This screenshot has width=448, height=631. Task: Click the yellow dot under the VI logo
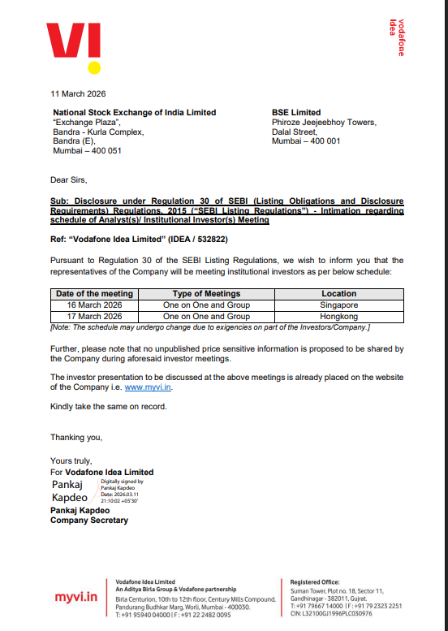click(x=94, y=67)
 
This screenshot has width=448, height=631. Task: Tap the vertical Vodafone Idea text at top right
click(x=397, y=37)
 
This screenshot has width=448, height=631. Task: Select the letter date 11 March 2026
click(x=78, y=93)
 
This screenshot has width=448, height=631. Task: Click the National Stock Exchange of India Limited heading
click(x=134, y=113)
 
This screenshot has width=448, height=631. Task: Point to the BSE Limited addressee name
click(x=296, y=113)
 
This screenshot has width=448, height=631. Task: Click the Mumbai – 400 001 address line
click(x=306, y=141)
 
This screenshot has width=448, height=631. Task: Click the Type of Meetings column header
click(x=206, y=294)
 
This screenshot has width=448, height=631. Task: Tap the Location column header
click(x=338, y=294)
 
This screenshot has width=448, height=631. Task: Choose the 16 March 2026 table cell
click(x=93, y=305)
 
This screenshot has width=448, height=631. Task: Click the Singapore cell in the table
click(x=338, y=305)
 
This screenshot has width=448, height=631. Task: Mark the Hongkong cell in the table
click(x=338, y=316)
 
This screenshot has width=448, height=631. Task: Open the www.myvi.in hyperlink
click(x=148, y=388)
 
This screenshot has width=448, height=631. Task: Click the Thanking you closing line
click(x=76, y=437)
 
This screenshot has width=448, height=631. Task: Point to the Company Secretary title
click(x=88, y=521)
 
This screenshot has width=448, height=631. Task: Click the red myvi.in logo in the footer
click(x=76, y=598)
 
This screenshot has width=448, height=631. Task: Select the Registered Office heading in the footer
click(x=316, y=582)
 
